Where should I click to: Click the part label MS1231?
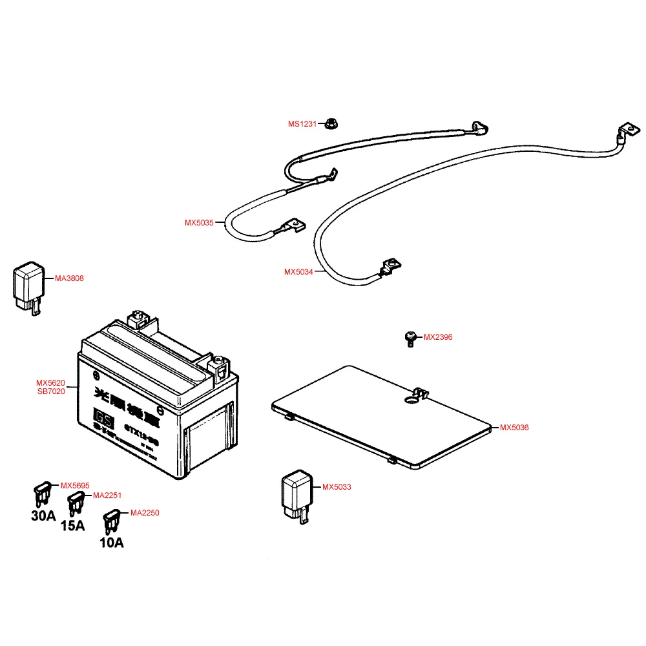tap(302, 123)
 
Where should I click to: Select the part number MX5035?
tap(198, 223)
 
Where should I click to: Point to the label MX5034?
tap(298, 272)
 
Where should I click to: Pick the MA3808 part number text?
tap(69, 278)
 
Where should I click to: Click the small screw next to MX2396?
tap(409, 338)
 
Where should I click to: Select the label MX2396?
tap(438, 337)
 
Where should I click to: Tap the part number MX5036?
tap(514, 428)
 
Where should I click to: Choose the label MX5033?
tap(337, 487)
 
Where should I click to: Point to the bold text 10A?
tap(111, 543)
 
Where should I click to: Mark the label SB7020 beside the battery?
tap(50, 391)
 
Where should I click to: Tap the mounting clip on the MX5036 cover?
tap(420, 393)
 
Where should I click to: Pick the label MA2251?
tap(107, 495)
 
